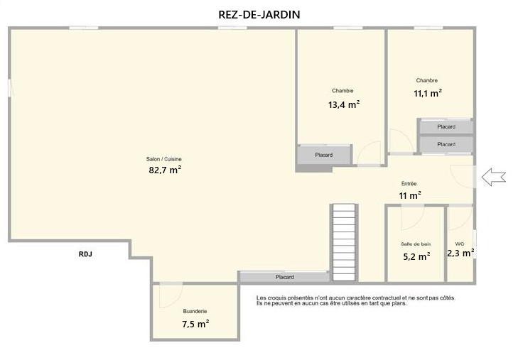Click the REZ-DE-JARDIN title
click(259, 14)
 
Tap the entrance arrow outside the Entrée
click(494, 177)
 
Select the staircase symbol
click(344, 243)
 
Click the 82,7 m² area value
click(165, 170)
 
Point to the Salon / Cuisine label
click(164, 159)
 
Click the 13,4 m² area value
click(344, 104)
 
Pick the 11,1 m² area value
click(428, 94)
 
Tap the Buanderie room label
click(195, 311)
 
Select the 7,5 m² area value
click(195, 324)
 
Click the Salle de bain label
click(416, 244)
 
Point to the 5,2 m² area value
click(416, 256)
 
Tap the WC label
click(460, 244)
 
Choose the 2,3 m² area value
click(461, 253)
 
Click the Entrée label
click(409, 183)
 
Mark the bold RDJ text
click(85, 254)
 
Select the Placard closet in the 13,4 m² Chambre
click(324, 155)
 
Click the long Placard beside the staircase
click(284, 277)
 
